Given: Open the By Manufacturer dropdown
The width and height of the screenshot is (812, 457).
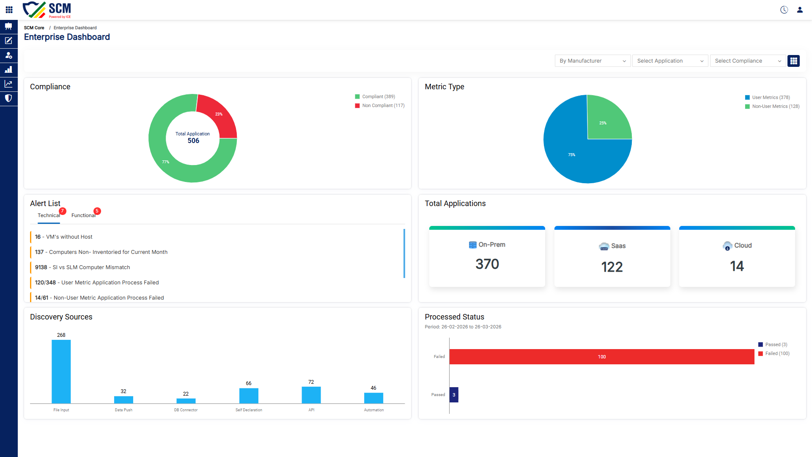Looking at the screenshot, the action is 593,61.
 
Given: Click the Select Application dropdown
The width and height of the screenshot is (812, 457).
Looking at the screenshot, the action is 670,61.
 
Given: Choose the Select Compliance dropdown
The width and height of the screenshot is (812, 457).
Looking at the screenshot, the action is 748,61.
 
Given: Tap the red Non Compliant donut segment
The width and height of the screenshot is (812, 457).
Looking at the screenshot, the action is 220,116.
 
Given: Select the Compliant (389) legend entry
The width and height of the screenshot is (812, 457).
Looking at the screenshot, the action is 375,96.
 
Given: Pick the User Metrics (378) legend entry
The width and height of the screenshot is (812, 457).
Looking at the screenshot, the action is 767,97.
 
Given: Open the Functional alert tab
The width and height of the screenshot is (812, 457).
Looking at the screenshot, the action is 83,215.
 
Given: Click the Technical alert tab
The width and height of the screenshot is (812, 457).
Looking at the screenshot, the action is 49,215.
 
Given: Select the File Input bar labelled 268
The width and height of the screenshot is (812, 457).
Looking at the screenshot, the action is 61,372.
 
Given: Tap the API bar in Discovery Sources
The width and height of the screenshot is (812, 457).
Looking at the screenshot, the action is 311,395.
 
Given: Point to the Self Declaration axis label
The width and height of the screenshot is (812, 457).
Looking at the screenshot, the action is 249,410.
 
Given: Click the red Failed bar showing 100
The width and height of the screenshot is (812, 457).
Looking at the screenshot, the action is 602,357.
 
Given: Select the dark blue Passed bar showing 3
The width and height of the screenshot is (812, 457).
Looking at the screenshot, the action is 454,395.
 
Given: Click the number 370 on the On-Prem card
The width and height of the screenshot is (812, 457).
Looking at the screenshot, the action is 487,264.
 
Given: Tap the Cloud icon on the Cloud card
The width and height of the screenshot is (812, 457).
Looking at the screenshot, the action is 727,246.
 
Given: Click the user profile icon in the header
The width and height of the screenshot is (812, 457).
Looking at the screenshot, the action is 800,10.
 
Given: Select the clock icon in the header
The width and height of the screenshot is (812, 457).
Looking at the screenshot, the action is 784,10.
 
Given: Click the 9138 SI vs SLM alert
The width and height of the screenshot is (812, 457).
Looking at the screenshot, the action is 82,267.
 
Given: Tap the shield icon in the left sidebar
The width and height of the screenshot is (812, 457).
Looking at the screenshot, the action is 8,98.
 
